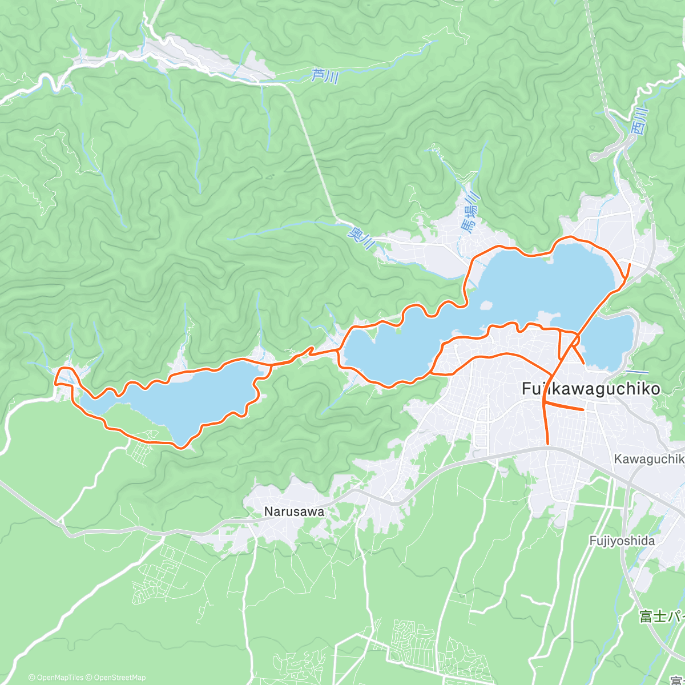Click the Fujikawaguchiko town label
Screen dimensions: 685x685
click(591, 389)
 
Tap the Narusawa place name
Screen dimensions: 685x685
click(294, 512)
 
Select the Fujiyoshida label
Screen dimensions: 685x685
click(622, 540)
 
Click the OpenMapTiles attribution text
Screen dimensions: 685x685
click(55, 678)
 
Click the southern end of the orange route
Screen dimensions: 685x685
click(548, 444)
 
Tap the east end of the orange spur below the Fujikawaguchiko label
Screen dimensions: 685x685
click(583, 409)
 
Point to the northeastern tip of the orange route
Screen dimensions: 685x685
click(629, 264)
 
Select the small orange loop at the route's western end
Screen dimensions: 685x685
click(63, 377)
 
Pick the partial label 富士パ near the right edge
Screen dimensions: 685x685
click(661, 617)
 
